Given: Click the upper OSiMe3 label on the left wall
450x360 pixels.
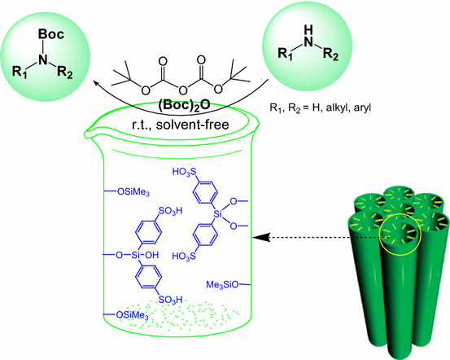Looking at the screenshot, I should coord(131,192).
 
